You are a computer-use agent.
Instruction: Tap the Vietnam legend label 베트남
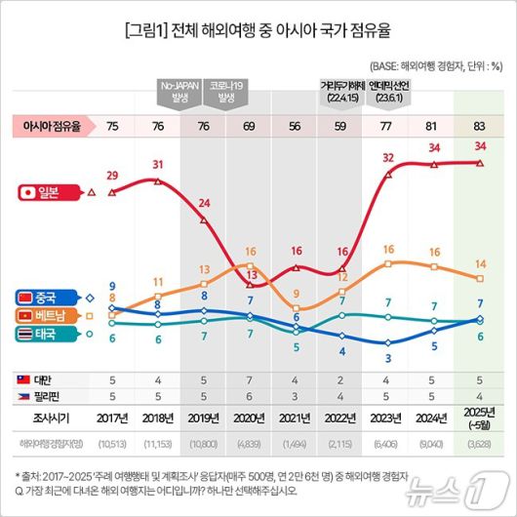tap(49, 316)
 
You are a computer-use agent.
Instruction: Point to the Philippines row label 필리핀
tap(45, 395)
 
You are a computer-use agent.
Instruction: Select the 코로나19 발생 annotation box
tap(227, 93)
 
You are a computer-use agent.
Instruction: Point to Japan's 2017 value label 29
tap(113, 175)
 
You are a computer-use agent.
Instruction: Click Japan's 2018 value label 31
tap(159, 163)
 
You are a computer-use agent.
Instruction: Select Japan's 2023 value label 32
tap(388, 157)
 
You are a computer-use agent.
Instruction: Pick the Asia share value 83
tap(479, 126)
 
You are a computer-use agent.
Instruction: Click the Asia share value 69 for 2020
tap(251, 126)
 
